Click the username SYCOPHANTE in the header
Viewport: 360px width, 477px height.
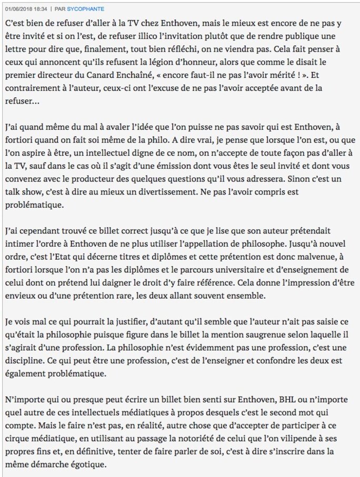pos(86,9)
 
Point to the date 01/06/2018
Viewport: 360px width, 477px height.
pos(17,9)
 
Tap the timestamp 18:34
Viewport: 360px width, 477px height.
pos(42,9)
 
